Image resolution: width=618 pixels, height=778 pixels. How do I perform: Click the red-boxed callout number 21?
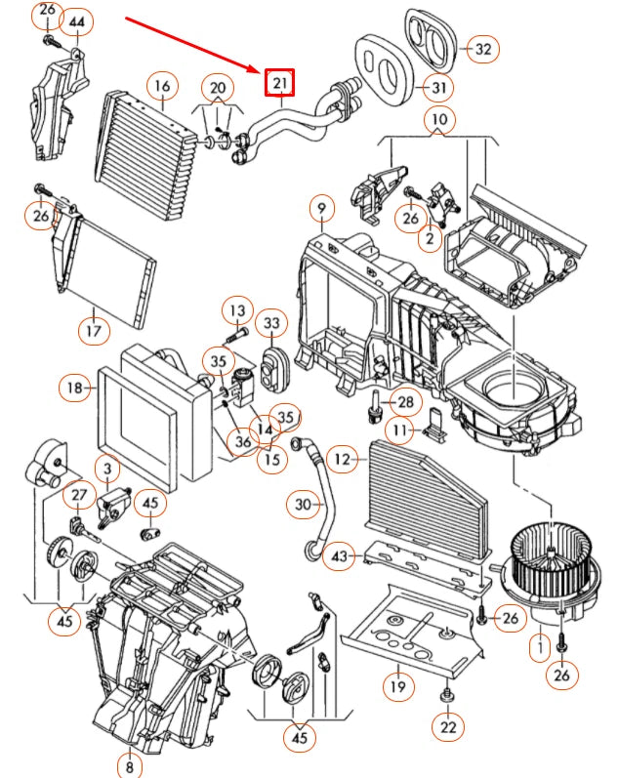pyautogui.click(x=280, y=82)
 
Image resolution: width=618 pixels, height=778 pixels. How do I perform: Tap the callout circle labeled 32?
pyautogui.click(x=483, y=48)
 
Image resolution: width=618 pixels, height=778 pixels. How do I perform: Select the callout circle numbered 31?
pyautogui.click(x=440, y=89)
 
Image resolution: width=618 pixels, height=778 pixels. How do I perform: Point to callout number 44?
pyautogui.click(x=78, y=21)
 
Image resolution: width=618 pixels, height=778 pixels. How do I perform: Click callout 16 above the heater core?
pyautogui.click(x=162, y=88)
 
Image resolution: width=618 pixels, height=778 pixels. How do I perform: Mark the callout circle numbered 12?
pyautogui.click(x=341, y=457)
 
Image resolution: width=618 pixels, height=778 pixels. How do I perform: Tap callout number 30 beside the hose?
pyautogui.click(x=303, y=504)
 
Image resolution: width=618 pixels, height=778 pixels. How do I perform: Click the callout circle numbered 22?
pyautogui.click(x=447, y=727)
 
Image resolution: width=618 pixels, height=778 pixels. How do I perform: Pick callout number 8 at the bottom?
pyautogui.click(x=130, y=763)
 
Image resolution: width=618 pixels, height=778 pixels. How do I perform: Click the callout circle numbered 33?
pyautogui.click(x=270, y=323)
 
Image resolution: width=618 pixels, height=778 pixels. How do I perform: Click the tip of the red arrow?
pyautogui.click(x=260, y=71)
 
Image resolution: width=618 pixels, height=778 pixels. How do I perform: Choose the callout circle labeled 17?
pyautogui.click(x=92, y=329)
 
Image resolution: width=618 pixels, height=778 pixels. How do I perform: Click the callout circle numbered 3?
pyautogui.click(x=107, y=471)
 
